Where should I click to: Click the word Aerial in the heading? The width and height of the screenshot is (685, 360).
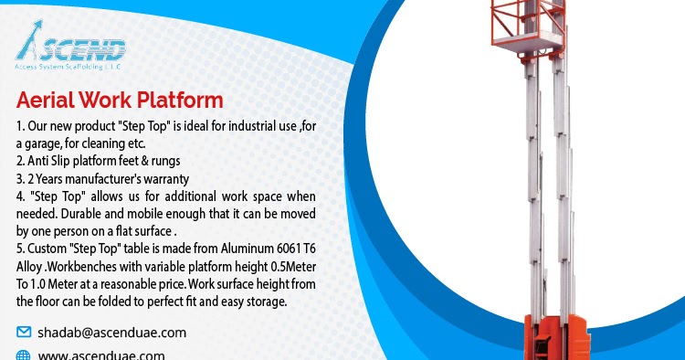(46, 100)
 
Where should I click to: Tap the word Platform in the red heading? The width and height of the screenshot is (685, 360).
(179, 100)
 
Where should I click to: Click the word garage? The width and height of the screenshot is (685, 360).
(51, 143)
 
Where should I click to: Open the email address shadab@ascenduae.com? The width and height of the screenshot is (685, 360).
(111, 332)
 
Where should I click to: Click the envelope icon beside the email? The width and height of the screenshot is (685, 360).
(24, 332)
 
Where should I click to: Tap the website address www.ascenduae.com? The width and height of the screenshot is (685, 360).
(100, 355)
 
